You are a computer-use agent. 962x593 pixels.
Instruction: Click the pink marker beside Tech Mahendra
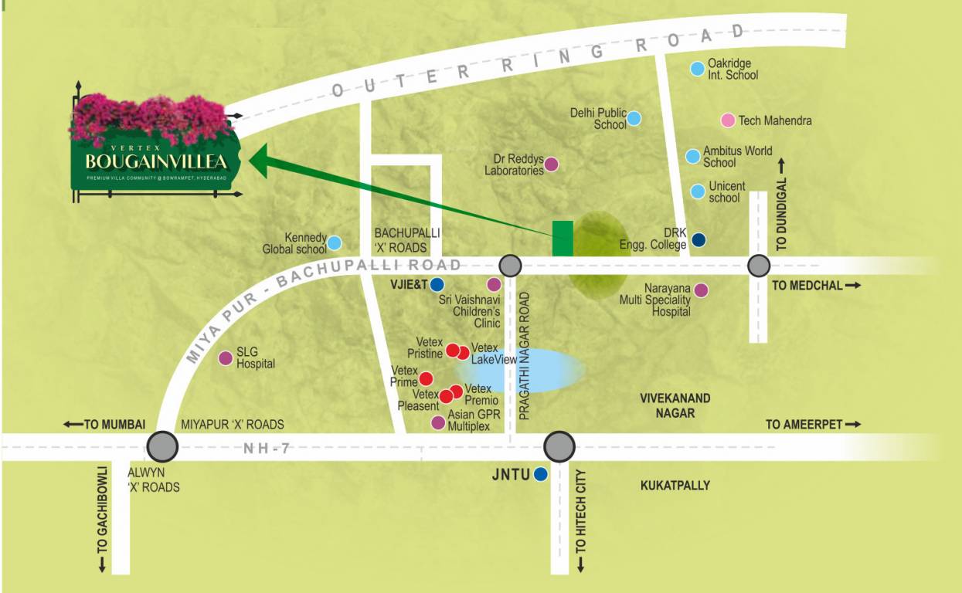coord(727,120)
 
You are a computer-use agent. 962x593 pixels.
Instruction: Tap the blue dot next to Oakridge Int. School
coord(697,69)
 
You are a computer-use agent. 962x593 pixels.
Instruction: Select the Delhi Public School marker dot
coord(634,118)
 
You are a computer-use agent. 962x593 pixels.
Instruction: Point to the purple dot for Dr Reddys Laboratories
coord(552,164)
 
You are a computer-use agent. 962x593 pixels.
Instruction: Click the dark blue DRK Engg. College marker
coord(699,239)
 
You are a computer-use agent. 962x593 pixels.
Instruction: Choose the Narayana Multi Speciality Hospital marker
coord(701,290)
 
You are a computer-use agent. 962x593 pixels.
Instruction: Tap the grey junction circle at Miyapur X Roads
coord(163,446)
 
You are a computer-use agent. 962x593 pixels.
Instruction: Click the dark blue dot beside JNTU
coord(541,474)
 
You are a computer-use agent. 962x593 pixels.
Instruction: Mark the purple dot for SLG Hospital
coord(226,358)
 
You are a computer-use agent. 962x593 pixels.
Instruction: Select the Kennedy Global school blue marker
coord(335,243)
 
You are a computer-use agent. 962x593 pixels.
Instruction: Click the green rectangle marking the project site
coord(563,238)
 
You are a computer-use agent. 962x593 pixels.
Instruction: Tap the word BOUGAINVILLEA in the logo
coord(157,162)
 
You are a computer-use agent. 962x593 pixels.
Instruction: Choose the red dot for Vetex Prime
coord(426,378)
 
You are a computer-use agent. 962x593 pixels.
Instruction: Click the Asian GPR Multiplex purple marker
coord(438,422)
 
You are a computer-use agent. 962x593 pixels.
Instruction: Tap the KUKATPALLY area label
coord(675,486)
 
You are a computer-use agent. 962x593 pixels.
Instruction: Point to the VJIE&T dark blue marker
coord(437,284)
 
